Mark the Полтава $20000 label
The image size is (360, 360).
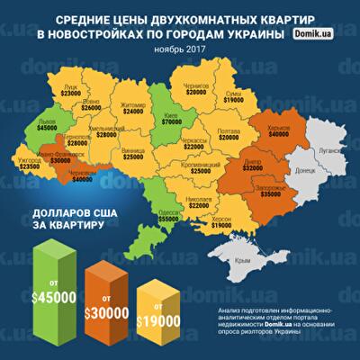[229, 135]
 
